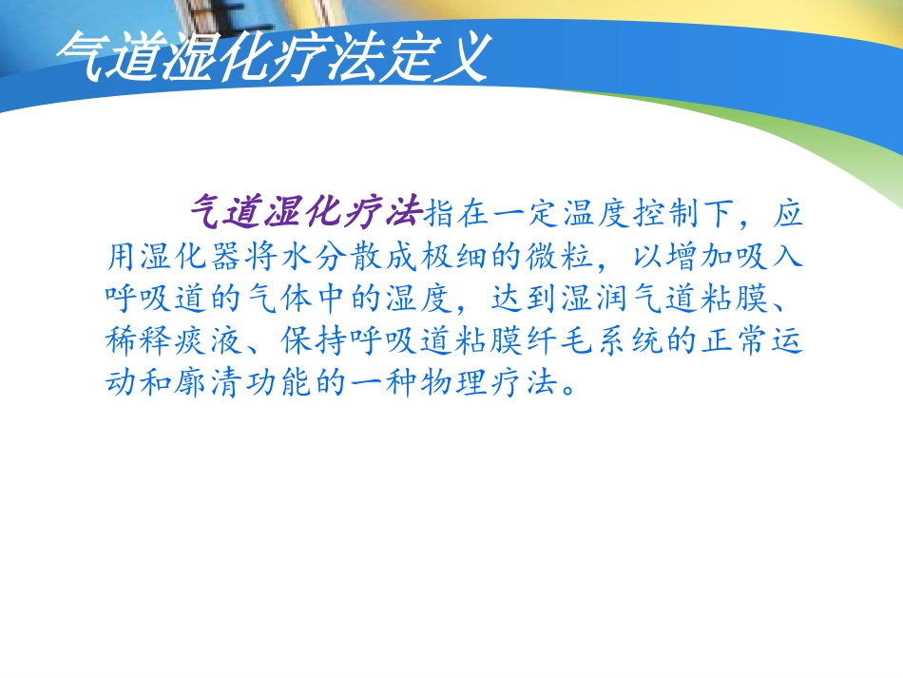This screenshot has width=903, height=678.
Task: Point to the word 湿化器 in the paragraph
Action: point(192,256)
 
